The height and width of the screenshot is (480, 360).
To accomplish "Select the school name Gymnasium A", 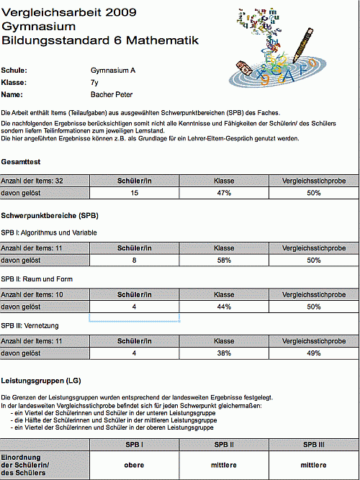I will [x=113, y=71].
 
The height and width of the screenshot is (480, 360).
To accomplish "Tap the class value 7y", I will [x=95, y=83].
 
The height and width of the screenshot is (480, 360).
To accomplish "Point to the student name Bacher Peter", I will [x=112, y=95].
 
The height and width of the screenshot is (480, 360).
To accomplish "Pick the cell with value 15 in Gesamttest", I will [x=135, y=193].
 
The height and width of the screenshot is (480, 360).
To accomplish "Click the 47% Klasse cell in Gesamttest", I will [x=224, y=193].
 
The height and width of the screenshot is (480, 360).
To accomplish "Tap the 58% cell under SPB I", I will [x=224, y=261].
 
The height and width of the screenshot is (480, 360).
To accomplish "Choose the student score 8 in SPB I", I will [x=135, y=261].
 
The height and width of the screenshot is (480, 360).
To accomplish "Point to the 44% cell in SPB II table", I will [x=224, y=307].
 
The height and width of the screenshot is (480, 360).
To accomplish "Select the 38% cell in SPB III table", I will [x=224, y=353].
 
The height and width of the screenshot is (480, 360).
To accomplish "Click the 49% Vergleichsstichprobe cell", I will [x=313, y=353].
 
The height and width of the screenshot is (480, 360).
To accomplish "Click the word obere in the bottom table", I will [x=135, y=465].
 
